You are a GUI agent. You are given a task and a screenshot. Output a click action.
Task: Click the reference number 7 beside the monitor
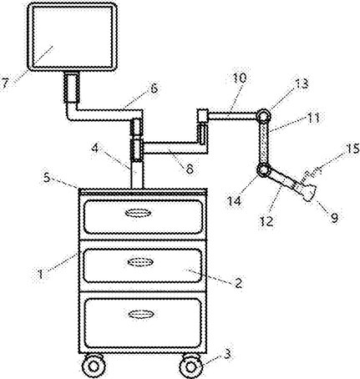point(4,83)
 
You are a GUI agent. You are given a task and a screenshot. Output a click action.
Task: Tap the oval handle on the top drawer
point(139,214)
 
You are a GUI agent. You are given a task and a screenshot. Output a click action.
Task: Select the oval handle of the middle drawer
point(140,262)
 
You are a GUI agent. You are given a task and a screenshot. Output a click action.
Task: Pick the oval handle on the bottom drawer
point(141,314)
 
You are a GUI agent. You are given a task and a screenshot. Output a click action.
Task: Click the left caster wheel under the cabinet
point(94,366)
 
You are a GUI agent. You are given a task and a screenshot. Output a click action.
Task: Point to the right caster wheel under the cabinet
point(190,366)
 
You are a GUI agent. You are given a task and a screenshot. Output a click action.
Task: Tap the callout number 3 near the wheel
point(227,355)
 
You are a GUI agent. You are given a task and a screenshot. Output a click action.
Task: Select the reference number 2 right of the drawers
point(238,283)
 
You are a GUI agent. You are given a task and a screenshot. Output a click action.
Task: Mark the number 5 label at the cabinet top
point(47,178)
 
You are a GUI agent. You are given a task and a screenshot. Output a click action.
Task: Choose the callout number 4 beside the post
point(95,149)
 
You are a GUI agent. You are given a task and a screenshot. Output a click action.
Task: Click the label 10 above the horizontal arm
point(240,78)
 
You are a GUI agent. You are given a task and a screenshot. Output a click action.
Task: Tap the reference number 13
point(302,83)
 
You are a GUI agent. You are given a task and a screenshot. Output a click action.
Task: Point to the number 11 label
point(314,118)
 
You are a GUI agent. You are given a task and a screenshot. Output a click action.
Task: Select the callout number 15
point(352,149)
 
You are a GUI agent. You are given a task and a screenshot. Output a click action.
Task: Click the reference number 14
point(235,201)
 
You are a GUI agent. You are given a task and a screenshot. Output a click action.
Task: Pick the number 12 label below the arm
point(266,221)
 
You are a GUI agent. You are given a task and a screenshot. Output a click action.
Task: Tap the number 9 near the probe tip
point(334,217)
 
